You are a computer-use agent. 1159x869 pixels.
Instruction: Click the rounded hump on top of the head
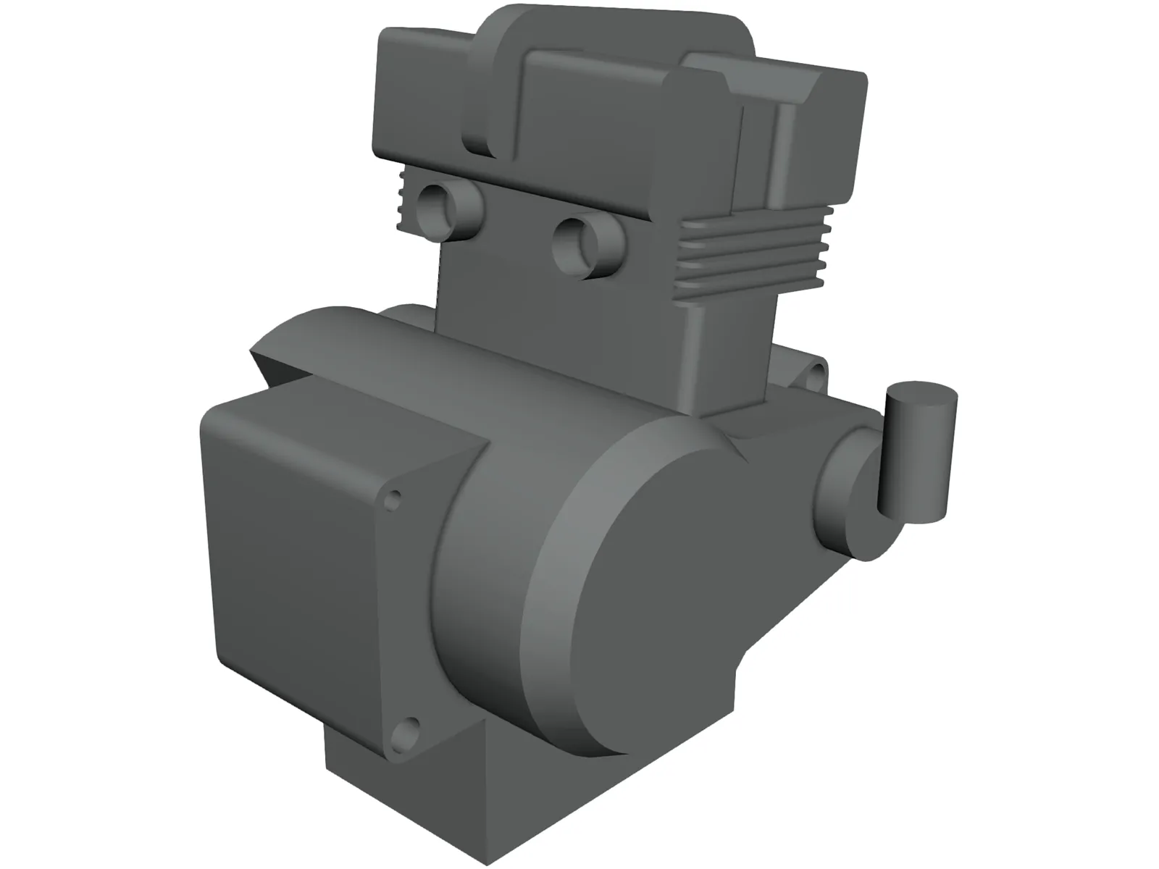coord(616,29)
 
